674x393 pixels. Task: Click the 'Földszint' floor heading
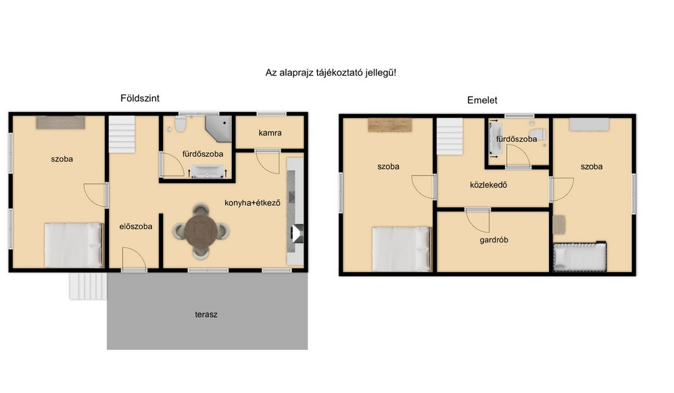click(x=140, y=99)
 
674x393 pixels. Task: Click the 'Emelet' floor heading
click(x=482, y=100)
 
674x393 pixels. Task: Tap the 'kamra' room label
click(x=270, y=133)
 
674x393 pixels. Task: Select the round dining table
click(x=201, y=232)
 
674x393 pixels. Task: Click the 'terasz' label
click(x=206, y=315)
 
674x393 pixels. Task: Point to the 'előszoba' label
click(x=136, y=226)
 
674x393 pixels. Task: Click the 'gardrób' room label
click(x=494, y=240)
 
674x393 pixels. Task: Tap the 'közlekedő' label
click(x=488, y=185)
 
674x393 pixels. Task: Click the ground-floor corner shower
click(x=219, y=128)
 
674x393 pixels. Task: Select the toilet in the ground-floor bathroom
click(x=180, y=124)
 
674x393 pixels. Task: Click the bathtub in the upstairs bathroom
click(x=495, y=139)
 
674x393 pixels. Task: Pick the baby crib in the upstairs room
click(x=579, y=257)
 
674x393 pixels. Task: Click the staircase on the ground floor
click(x=122, y=134)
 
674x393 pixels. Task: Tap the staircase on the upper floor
click(x=450, y=136)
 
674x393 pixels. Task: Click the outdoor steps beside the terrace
click(x=88, y=286)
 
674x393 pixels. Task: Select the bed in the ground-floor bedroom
click(x=74, y=245)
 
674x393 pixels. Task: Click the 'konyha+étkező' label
click(x=252, y=203)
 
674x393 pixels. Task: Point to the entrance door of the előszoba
click(x=134, y=259)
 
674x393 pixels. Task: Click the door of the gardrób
click(x=477, y=220)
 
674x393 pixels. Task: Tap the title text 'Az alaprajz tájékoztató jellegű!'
click(x=331, y=72)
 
